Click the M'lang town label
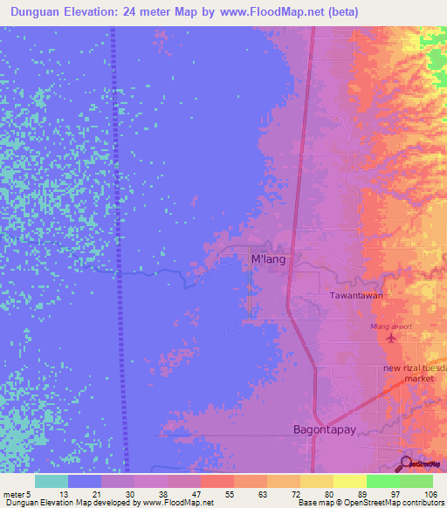pos(268,259)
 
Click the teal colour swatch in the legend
pos(51,481)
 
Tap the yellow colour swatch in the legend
pos(347,481)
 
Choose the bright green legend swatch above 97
pos(382,481)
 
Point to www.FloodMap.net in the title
pos(262,13)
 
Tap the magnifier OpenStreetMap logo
pos(407,464)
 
